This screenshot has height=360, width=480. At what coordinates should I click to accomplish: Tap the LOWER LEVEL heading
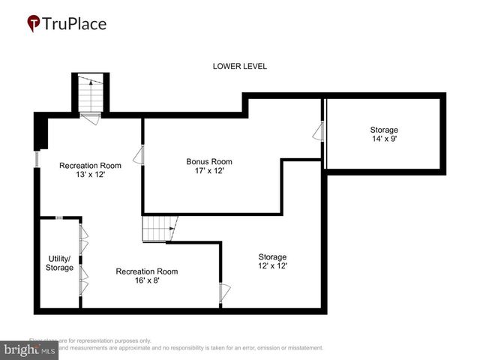pyautogui.click(x=240, y=66)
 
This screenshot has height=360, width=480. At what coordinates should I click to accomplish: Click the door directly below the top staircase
pyautogui.click(x=90, y=118)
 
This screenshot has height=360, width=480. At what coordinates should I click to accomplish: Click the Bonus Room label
pyautogui.click(x=209, y=161)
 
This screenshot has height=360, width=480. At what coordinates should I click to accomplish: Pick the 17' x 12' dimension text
pyautogui.click(x=209, y=171)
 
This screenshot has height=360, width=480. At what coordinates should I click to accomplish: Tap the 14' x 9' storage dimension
pyautogui.click(x=383, y=139)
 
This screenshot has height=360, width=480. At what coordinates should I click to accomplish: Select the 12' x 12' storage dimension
pyautogui.click(x=272, y=266)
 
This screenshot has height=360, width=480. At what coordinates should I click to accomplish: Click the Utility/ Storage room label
pyautogui.click(x=59, y=262)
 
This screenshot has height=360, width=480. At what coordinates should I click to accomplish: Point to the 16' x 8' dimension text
pyautogui.click(x=147, y=281)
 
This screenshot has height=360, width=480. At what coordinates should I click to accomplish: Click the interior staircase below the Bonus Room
pyautogui.click(x=159, y=228)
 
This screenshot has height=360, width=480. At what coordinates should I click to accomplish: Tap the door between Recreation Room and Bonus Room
pyautogui.click(x=139, y=156)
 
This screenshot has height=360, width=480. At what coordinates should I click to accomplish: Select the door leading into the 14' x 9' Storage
pyautogui.click(x=319, y=133)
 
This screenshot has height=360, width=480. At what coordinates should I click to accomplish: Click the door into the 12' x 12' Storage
pyautogui.click(x=223, y=293)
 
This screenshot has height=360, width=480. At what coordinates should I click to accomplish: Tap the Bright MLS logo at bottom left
pyautogui.click(x=30, y=349)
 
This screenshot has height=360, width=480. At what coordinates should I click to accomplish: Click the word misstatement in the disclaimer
pyautogui.click(x=300, y=348)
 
